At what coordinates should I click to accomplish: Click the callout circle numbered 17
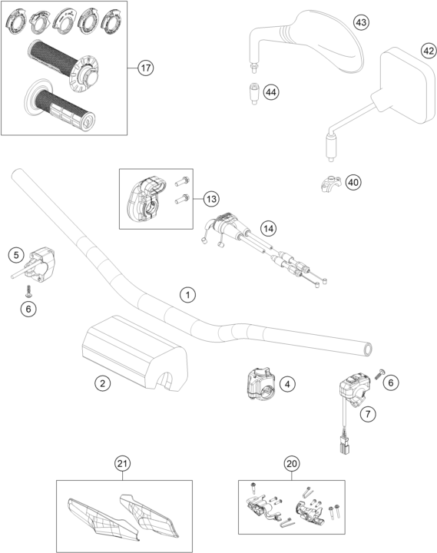(x=146, y=68)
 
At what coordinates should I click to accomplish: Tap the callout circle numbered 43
(x=361, y=22)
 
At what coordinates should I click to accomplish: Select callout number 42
(x=429, y=51)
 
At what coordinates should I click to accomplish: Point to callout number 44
(x=270, y=92)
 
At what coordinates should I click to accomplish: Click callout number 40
(x=353, y=182)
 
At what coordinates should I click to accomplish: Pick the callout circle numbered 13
(x=211, y=199)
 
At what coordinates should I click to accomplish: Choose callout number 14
(x=268, y=229)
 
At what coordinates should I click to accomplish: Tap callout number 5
(x=16, y=255)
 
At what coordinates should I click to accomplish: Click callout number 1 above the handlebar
(x=187, y=294)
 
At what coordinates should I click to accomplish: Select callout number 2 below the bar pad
(x=103, y=383)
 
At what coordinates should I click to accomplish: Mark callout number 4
(x=287, y=384)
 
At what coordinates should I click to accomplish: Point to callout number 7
(x=368, y=413)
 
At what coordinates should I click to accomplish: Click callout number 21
(x=122, y=463)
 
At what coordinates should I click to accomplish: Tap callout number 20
(x=292, y=463)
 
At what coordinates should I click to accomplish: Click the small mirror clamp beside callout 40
(x=331, y=184)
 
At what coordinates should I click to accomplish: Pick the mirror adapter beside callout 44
(x=254, y=94)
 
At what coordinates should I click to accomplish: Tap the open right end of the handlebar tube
(x=368, y=349)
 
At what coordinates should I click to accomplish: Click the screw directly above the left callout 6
(x=28, y=291)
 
